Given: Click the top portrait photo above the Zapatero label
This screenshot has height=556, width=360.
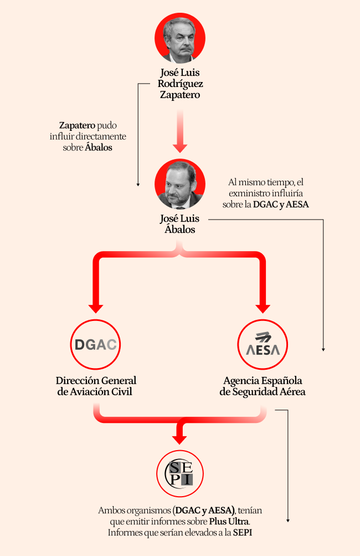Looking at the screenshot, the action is [180, 38].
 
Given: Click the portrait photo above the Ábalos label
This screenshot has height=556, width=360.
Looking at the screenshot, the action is [180, 184].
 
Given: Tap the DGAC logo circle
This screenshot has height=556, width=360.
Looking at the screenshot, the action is [95, 344].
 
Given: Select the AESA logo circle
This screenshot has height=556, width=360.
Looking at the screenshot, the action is [263, 344].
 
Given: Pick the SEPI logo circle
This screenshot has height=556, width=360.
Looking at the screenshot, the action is [180, 474].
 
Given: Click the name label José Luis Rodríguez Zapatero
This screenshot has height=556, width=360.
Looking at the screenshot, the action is [180, 84].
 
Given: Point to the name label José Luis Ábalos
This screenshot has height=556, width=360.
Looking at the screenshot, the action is [180, 224].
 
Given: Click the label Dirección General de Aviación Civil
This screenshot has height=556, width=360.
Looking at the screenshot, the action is [96, 386].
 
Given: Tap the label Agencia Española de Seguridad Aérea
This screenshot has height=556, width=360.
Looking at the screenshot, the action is [263, 386].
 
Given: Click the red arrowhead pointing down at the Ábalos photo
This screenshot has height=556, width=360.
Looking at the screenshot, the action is [180, 148].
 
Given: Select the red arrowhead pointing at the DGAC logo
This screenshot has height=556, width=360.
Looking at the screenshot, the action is [96, 309].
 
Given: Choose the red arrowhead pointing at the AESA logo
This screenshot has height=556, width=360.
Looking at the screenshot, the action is [263, 309].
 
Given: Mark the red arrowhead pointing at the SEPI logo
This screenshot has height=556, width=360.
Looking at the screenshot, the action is [179, 440].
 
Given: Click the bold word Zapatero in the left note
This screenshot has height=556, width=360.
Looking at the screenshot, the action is [77, 125].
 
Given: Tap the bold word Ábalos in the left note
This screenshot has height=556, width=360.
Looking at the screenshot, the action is [99, 147].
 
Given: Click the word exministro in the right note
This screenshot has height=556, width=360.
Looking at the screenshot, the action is [246, 193].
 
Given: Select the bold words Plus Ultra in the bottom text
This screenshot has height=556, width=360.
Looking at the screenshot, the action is [229, 521].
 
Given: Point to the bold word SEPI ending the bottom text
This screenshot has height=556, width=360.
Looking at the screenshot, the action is [243, 532].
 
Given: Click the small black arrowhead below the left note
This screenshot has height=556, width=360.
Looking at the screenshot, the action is [138, 185].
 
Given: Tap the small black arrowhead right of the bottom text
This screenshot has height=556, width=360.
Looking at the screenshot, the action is [288, 521].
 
